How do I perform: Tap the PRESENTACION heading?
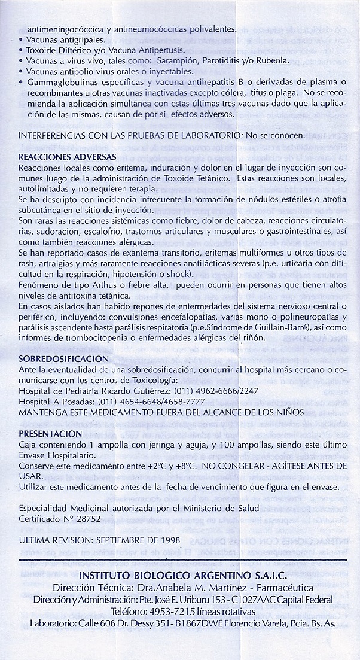click(59, 433)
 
